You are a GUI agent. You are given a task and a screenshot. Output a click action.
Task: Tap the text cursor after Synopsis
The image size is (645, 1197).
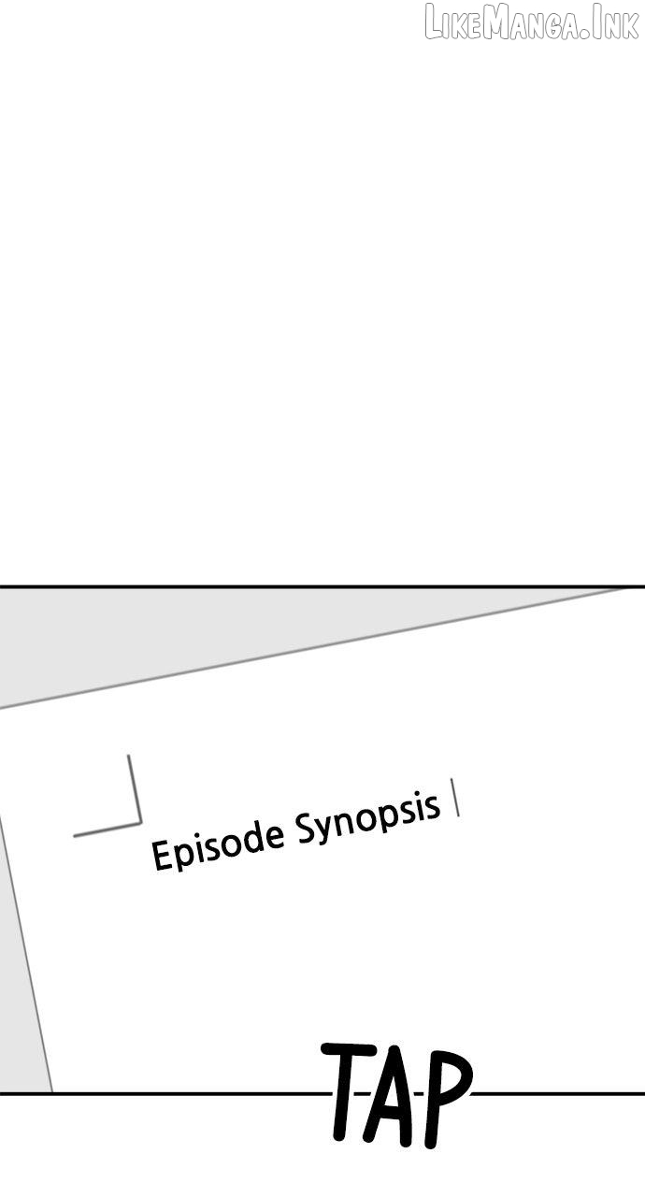(x=455, y=798)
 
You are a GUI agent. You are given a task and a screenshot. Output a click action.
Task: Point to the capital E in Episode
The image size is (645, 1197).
(x=161, y=854)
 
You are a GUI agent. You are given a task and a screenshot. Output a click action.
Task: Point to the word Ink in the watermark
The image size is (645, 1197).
(x=620, y=23)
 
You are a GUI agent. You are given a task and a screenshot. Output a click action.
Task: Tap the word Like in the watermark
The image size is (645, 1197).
(x=454, y=23)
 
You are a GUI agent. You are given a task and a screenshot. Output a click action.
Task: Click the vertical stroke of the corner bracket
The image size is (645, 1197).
(x=135, y=788)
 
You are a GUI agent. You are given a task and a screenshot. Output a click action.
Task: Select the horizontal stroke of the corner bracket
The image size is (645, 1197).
(x=107, y=829)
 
